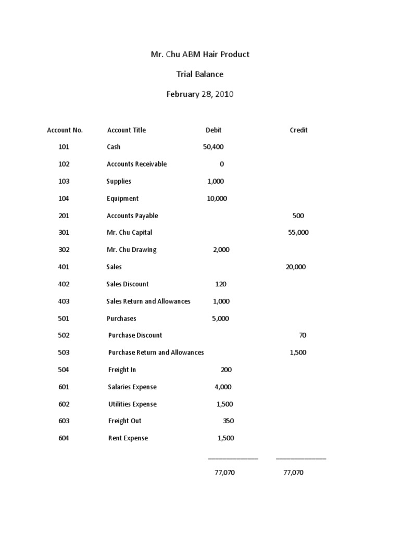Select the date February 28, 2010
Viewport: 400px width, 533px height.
(200, 94)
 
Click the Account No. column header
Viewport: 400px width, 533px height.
(65, 130)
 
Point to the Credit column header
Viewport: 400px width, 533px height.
(298, 130)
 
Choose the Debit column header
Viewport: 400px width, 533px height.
(214, 130)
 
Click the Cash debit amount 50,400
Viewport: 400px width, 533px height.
(213, 147)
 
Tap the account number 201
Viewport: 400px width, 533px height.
(64, 215)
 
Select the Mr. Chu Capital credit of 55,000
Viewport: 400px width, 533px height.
(298, 233)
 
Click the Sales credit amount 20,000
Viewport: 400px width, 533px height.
(295, 267)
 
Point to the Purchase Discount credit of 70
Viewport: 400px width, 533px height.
(303, 335)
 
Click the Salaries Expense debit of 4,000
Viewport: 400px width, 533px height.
(223, 387)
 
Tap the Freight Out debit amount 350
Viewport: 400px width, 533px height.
(228, 421)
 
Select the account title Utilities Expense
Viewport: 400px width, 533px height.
(132, 404)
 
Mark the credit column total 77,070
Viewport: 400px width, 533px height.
(293, 473)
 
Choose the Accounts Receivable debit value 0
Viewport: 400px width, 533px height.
(221, 164)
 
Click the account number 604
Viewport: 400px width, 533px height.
(64, 438)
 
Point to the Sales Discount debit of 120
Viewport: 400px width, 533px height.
(220, 284)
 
